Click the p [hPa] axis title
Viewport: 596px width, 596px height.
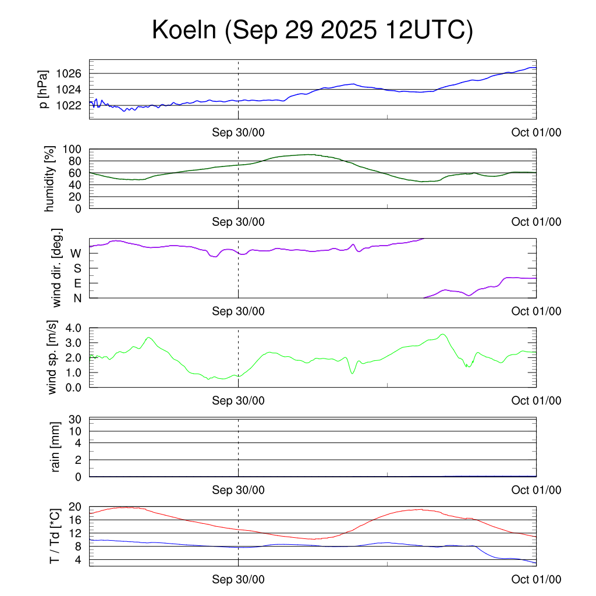click(43, 89)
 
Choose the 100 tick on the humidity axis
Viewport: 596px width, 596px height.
click(74, 150)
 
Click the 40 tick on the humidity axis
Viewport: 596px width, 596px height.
click(77, 185)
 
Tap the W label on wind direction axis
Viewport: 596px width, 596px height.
click(76, 253)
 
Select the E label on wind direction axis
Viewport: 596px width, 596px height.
click(77, 283)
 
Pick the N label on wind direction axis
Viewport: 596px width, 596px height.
click(77, 298)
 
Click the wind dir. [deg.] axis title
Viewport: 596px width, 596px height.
click(57, 268)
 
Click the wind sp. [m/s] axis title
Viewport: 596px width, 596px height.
click(52, 357)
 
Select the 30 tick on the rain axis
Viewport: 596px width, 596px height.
click(76, 419)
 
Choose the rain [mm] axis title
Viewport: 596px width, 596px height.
click(56, 447)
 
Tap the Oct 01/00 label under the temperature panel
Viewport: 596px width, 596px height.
click(536, 579)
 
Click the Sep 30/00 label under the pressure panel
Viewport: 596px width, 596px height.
click(238, 132)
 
